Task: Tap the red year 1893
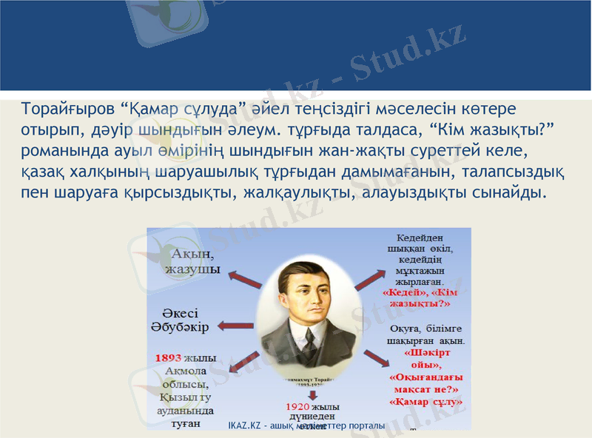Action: pos(169,357)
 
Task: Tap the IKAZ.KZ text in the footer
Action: pos(247,426)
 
